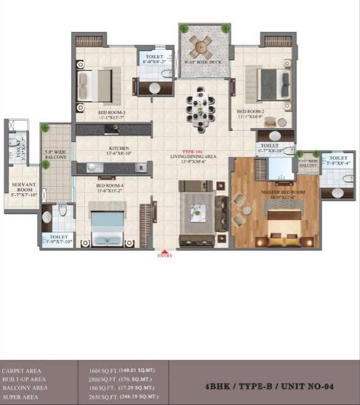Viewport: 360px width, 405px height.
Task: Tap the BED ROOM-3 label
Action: pyautogui.click(x=111, y=114)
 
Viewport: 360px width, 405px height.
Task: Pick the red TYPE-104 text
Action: pyautogui.click(x=191, y=150)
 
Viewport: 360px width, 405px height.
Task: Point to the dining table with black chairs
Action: pyautogui.click(x=200, y=108)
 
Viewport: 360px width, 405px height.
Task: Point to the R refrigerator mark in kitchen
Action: pyautogui.click(x=141, y=167)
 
